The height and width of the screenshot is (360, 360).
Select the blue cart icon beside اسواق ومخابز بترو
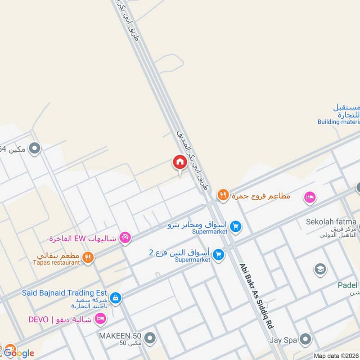click(x=236, y=226)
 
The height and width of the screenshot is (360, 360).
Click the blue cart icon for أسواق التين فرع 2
click(x=219, y=255)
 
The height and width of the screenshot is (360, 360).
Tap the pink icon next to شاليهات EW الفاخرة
click(x=125, y=238)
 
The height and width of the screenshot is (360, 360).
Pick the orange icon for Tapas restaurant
click(x=88, y=257)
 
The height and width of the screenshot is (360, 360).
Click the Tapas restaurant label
click(x=56, y=262)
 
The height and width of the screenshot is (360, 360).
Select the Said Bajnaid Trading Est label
click(x=64, y=293)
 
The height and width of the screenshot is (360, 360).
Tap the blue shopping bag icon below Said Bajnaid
click(x=116, y=298)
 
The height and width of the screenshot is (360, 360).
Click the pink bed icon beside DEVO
click(x=101, y=319)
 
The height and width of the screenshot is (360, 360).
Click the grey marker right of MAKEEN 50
click(x=150, y=337)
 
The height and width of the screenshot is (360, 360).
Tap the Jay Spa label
click(x=283, y=340)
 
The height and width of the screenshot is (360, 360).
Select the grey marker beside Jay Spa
click(x=306, y=339)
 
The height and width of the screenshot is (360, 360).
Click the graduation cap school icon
click(x=320, y=269)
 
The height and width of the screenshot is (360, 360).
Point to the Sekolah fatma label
click(x=331, y=222)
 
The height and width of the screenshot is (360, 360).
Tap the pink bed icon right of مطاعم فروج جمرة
click(x=310, y=197)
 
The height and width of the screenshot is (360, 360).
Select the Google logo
click(x=18, y=353)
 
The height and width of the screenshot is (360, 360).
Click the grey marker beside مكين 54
click(x=35, y=148)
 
